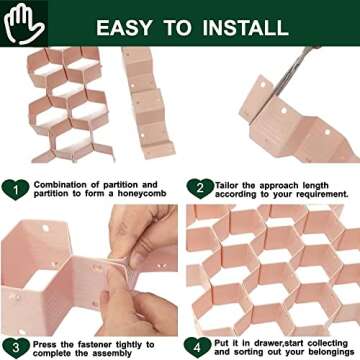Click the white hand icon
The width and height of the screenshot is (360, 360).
23,23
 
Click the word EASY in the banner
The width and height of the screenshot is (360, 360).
124,28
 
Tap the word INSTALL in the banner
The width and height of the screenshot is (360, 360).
246,28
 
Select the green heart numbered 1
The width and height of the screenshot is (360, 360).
15,189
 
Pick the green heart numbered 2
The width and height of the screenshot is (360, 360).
200,189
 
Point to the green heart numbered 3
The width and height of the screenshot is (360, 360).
15,348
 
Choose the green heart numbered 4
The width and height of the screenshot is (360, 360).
197,348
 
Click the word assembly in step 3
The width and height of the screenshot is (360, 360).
111,353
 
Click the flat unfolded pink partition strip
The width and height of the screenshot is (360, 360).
147,103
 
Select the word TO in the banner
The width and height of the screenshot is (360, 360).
177,28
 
